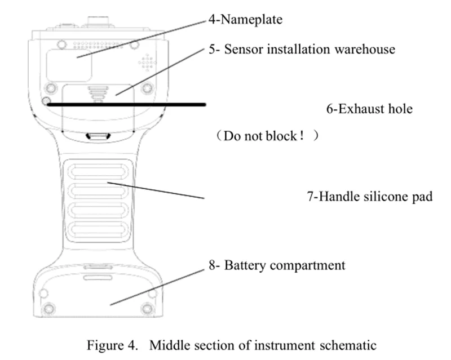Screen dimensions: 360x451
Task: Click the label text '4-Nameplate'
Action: point(246,21)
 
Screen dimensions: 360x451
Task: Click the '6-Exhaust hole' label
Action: point(369,108)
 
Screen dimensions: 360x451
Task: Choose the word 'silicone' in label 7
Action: point(382,197)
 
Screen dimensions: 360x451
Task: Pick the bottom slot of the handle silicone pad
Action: point(99,229)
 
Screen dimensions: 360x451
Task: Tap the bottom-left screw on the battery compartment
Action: point(49,308)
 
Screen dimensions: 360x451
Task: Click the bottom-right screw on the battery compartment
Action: point(148,308)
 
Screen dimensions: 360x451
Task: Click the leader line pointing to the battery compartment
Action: point(158,286)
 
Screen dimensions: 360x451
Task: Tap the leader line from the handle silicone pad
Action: point(155,190)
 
